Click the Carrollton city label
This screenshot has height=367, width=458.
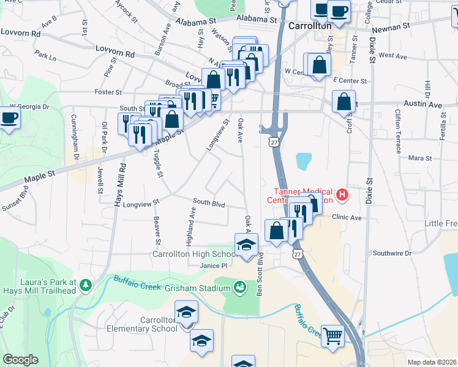tap(310, 26)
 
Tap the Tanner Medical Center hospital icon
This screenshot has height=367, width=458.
tap(342, 195)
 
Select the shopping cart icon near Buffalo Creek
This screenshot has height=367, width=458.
tap(332, 335)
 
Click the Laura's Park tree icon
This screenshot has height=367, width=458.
tap(85, 284)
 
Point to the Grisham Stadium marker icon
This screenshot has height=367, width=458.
tap(239, 286)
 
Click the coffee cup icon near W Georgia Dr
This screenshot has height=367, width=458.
tap(9, 117)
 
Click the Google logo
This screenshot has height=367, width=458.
tap(20, 360)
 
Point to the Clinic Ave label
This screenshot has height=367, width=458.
tap(347, 217)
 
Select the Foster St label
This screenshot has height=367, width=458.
tap(108, 92)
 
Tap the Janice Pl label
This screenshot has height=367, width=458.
tap(214, 265)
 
